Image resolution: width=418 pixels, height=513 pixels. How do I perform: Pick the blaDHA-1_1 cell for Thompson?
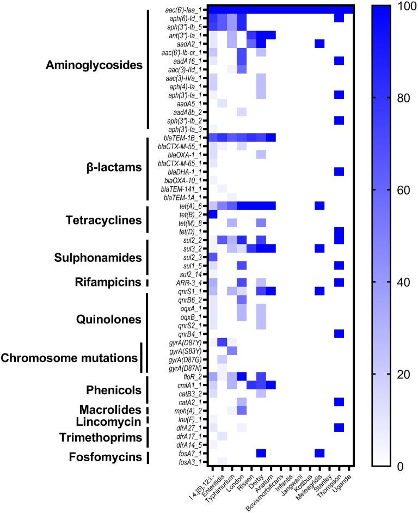pyautogui.click(x=339, y=172)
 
